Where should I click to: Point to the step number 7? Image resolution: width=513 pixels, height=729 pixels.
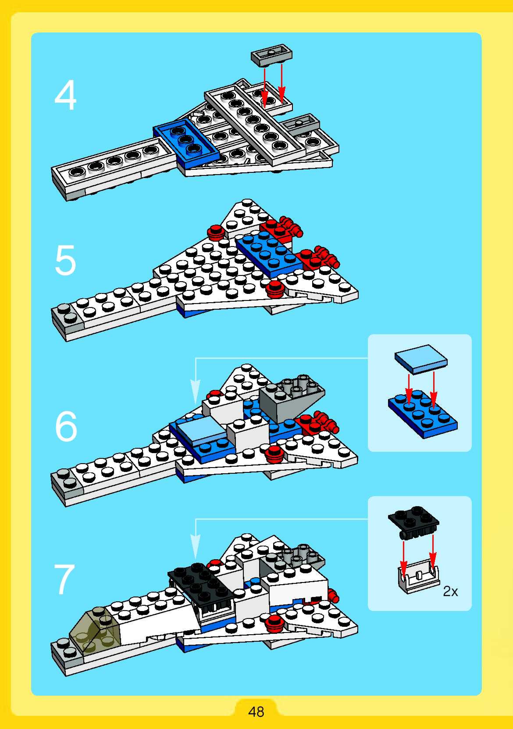pyautogui.click(x=64, y=579)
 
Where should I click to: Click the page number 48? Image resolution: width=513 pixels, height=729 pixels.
pyautogui.click(x=256, y=712)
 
